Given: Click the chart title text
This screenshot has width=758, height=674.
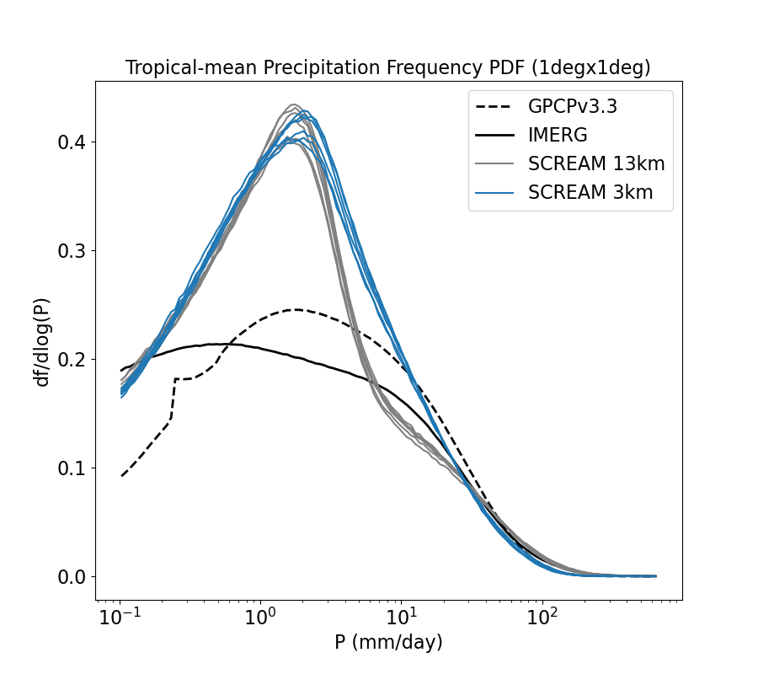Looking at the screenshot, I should coord(388,68).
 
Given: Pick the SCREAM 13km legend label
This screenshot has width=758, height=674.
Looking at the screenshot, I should coord(596,163).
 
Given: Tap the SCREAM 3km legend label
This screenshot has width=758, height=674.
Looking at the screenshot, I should coord(590,193).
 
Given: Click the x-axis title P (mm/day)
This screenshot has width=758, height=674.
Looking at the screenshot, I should coord(388,643).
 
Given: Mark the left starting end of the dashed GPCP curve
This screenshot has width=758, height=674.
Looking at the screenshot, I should coord(121,476).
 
